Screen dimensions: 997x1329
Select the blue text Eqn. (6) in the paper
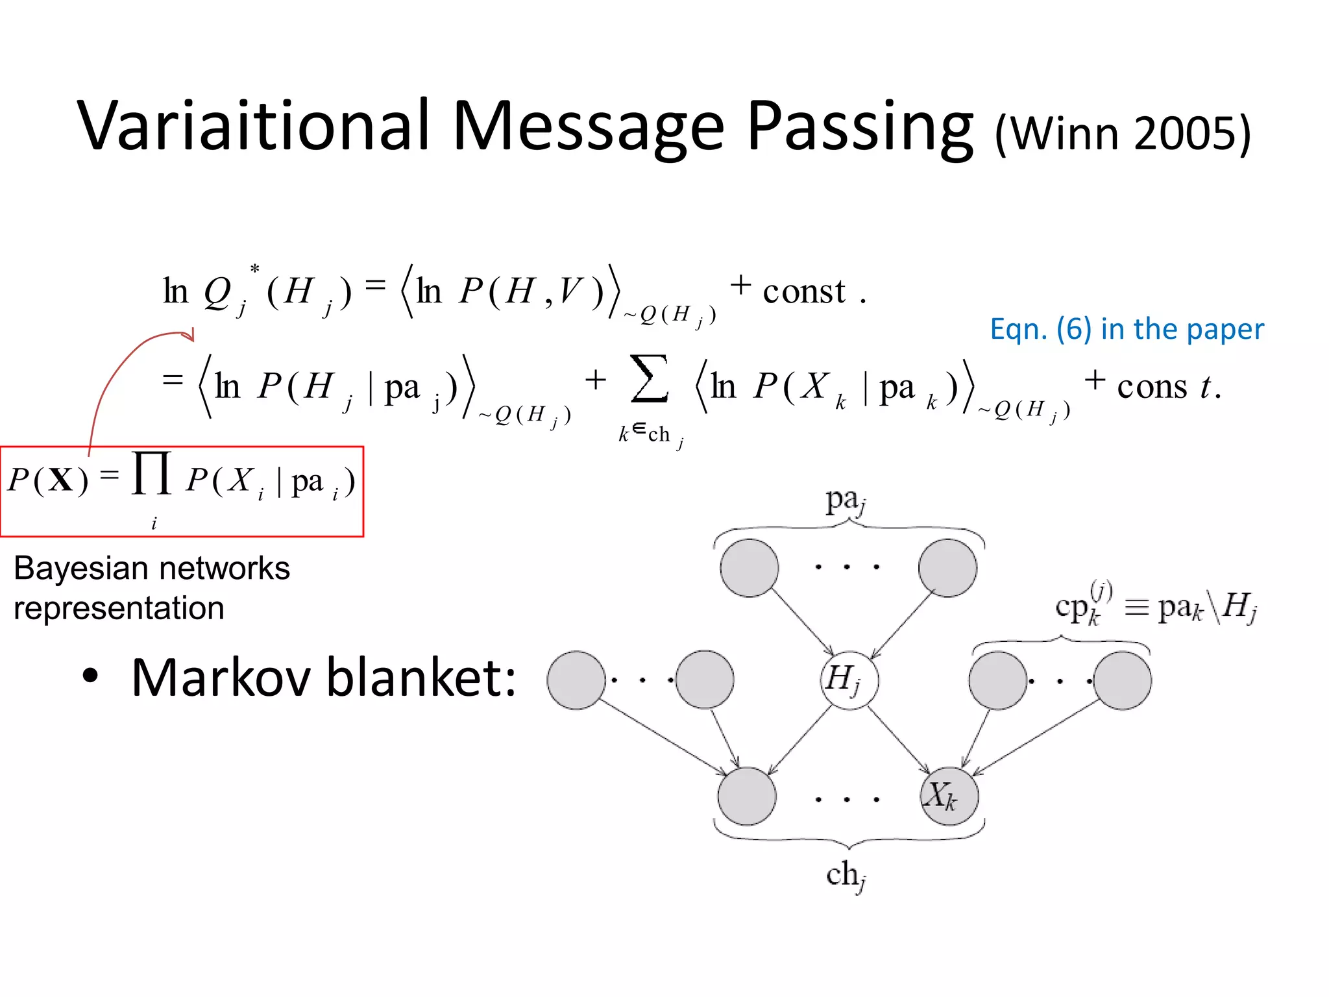[x=1127, y=329]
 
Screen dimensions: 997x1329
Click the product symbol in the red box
[x=152, y=474]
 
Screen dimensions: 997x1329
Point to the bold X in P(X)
[x=60, y=480]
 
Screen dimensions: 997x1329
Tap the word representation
[x=119, y=608]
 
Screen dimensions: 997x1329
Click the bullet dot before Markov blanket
[x=90, y=676]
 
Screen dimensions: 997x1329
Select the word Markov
[x=221, y=678]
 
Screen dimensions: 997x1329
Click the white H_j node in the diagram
[x=849, y=680]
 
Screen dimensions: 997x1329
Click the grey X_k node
[x=949, y=795]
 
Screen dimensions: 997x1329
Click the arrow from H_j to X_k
[x=899, y=740]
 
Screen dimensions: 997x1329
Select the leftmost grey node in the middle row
[x=576, y=680]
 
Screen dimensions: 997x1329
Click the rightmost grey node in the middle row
[x=1122, y=680]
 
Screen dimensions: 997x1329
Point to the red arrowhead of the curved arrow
[x=189, y=335]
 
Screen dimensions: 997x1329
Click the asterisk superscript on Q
[x=254, y=269]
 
